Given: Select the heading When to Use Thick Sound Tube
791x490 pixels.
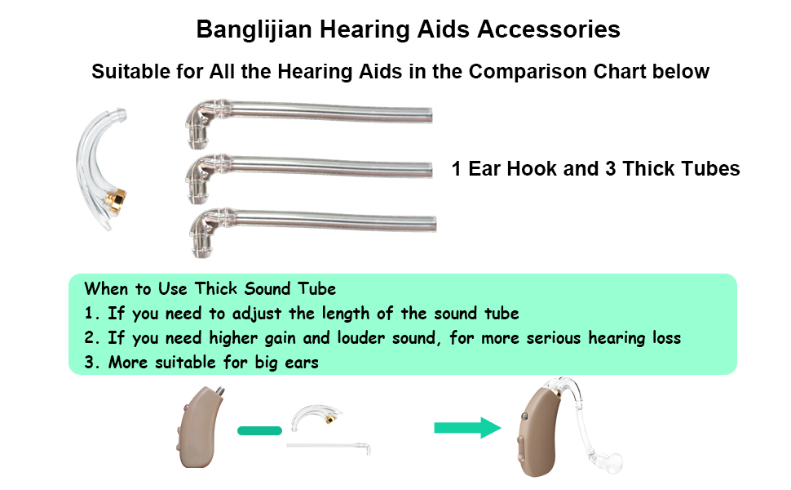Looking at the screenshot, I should pyautogui.click(x=210, y=289).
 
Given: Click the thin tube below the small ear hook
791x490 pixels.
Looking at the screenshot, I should pyautogui.click(x=329, y=447).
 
